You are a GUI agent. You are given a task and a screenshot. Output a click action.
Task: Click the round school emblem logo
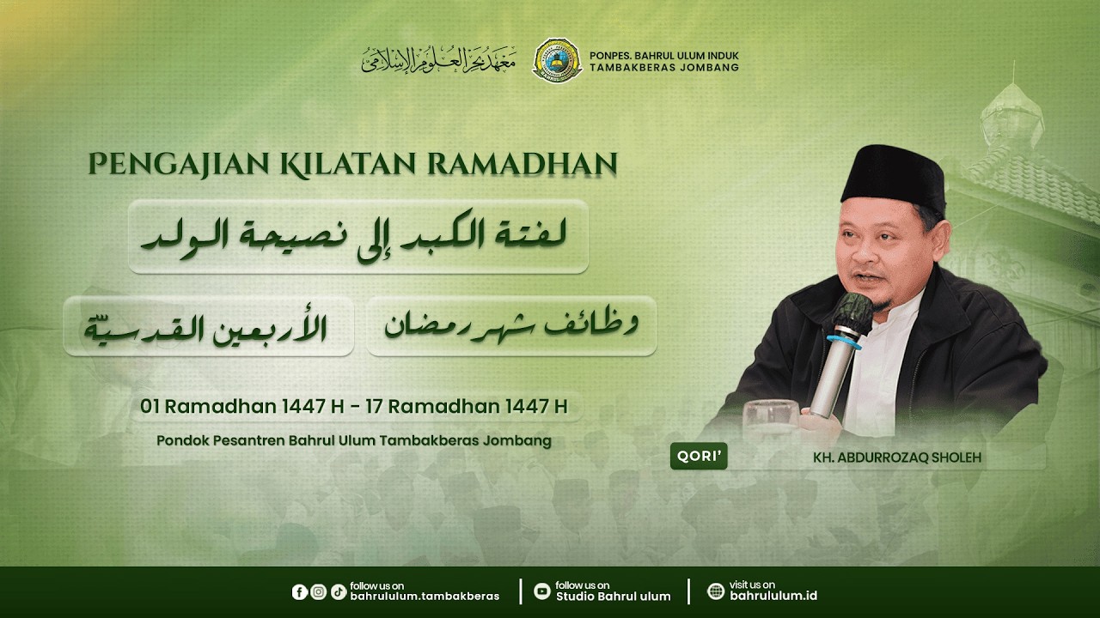point(557,60)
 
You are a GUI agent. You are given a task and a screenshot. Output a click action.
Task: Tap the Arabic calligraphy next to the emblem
point(439,60)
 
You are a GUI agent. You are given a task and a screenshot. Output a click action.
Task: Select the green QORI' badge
point(699,457)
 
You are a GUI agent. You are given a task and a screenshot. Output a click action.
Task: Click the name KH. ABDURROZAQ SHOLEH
point(896,457)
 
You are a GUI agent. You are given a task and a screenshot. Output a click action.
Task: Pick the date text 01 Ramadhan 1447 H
point(242,406)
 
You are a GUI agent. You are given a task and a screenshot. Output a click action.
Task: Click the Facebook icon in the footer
point(300,591)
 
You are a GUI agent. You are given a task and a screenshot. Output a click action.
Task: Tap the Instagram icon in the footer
point(319,591)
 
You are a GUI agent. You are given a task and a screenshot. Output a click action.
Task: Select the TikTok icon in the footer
point(338,591)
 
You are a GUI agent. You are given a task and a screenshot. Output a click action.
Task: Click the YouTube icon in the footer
point(541,591)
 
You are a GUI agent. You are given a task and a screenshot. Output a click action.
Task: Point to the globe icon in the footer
point(716,591)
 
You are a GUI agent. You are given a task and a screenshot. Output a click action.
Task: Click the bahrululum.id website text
point(773,597)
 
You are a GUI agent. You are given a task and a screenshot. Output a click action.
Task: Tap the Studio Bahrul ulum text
point(613,597)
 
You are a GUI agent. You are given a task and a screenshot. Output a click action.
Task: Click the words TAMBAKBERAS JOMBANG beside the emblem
point(663,68)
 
